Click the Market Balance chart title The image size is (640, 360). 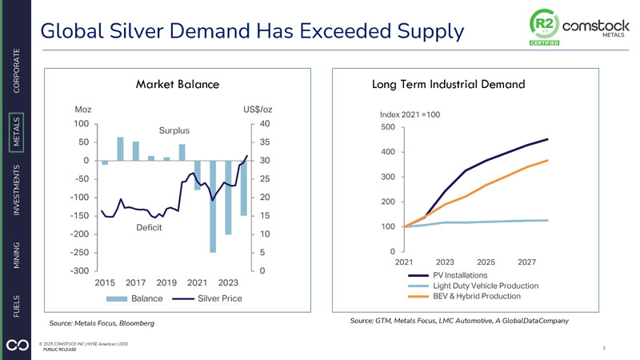point(178,84)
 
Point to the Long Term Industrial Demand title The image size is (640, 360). point(449,84)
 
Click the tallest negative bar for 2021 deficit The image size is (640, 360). point(213,206)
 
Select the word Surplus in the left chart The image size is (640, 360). point(173,130)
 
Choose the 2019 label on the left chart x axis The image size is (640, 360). point(166,282)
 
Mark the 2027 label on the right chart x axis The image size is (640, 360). point(526,262)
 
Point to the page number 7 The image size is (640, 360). point(602,349)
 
